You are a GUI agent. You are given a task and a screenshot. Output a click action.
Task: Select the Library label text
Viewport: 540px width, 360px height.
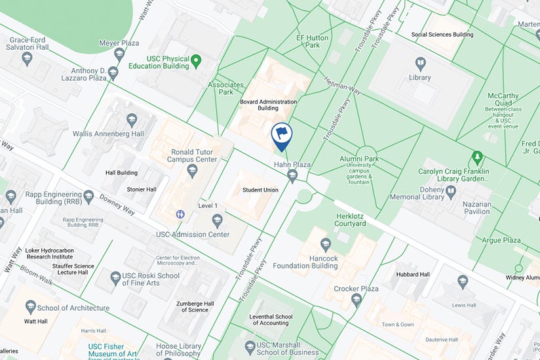(419, 77)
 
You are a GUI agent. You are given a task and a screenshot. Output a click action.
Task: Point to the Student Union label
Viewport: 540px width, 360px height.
(260, 190)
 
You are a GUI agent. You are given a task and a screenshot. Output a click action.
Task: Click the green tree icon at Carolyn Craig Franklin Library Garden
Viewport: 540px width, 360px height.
(477, 157)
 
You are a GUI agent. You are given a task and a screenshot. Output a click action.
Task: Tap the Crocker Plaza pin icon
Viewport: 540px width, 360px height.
(357, 300)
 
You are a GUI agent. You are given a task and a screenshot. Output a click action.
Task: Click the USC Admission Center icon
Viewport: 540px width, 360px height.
(218, 220)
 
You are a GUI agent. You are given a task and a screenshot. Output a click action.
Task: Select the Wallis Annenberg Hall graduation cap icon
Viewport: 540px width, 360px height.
(132, 119)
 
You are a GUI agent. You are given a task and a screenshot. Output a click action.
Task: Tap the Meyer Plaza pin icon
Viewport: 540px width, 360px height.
(119, 54)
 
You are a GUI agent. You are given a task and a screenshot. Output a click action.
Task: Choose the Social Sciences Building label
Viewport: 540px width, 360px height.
(442, 34)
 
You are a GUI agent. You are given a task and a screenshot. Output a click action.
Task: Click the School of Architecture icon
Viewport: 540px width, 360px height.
(30, 307)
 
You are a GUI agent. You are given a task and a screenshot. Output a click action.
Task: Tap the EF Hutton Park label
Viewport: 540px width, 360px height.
(312, 42)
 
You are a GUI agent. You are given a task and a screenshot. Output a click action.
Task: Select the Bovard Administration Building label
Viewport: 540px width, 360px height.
(268, 105)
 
